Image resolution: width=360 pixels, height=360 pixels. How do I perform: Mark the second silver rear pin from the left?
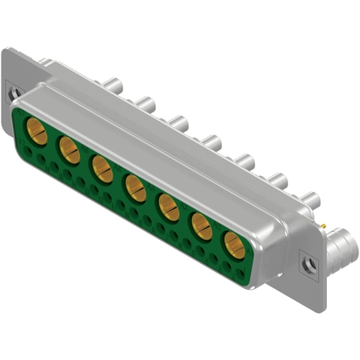coord(145,103)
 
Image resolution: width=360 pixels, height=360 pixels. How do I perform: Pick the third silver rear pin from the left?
coord(179,122)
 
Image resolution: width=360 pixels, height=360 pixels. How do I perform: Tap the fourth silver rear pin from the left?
coord(211,141)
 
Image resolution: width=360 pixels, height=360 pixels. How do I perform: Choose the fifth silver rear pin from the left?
coord(245,161)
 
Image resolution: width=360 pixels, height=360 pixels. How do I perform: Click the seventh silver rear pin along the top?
coord(310,199)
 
